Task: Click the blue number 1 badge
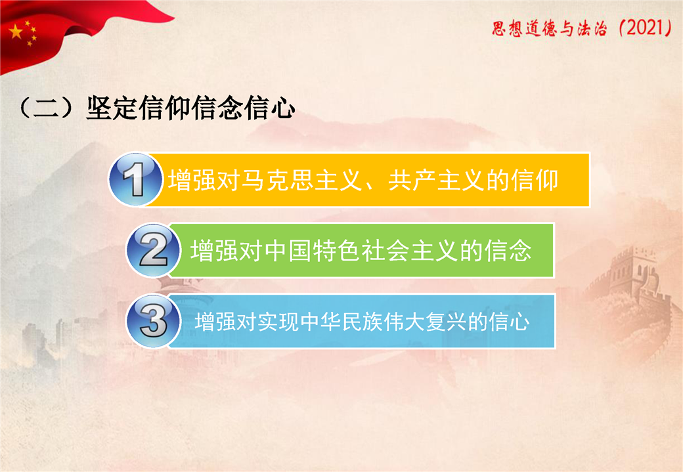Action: (135, 179)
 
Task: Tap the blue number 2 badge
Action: (153, 250)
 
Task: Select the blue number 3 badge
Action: (153, 321)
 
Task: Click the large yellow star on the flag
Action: (16, 32)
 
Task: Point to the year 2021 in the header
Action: (647, 28)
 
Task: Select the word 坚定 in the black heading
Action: (112, 108)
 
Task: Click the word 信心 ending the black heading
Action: (270, 108)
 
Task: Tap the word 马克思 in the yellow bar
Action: (278, 180)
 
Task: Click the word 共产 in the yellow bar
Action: (412, 180)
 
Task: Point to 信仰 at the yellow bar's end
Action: (535, 180)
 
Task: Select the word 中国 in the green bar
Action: (288, 251)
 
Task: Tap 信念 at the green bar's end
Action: (508, 251)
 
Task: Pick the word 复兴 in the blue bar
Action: (446, 322)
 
